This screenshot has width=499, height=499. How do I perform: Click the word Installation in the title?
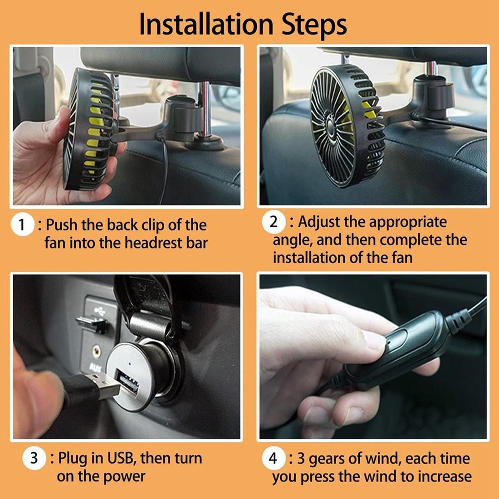click(206, 24)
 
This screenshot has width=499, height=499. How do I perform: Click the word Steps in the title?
click(314, 25)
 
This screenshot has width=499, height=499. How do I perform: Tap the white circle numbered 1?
click(22, 225)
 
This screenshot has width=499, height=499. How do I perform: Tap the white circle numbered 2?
click(274, 222)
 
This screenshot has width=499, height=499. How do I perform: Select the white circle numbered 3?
click(34, 458)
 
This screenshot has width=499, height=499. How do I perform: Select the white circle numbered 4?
click(273, 458)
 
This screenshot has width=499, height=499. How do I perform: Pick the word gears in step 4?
click(327, 460)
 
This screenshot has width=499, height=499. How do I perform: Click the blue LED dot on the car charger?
click(130, 363)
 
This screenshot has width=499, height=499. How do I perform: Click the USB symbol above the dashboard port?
click(100, 311)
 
